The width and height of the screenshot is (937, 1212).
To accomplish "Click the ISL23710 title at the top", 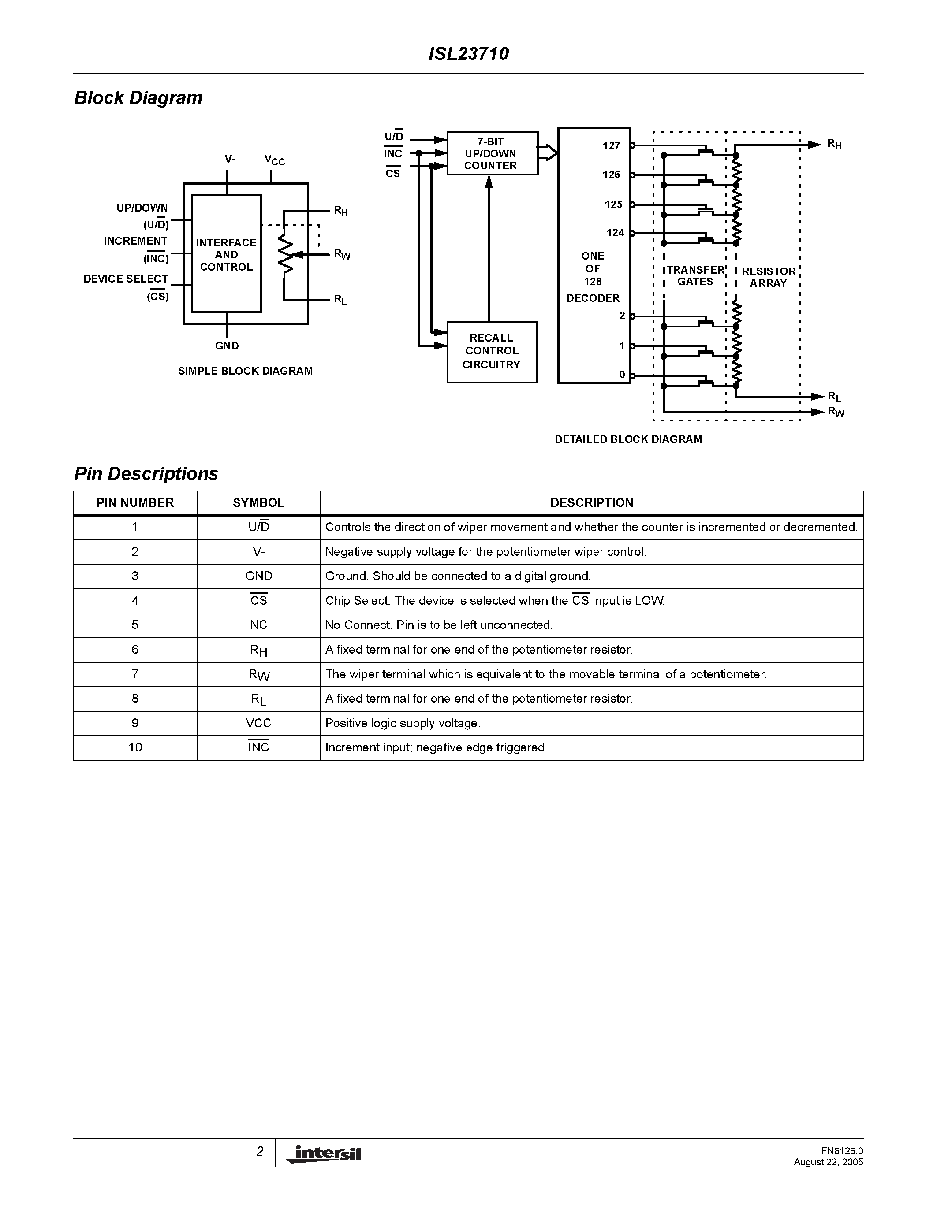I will tap(468, 54).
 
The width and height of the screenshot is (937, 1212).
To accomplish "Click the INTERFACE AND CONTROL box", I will tap(226, 254).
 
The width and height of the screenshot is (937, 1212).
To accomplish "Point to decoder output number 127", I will tap(611, 146).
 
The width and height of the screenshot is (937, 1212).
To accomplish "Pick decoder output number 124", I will tap(615, 233).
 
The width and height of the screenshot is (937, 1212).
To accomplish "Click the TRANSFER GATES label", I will tap(695, 276).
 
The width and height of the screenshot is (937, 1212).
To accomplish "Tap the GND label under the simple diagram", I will tap(227, 346).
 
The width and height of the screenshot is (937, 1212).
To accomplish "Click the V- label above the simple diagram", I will tap(230, 159).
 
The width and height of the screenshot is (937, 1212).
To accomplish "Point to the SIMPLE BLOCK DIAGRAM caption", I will tap(245, 371).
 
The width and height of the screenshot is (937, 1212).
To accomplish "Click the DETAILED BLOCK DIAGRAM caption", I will tap(628, 439).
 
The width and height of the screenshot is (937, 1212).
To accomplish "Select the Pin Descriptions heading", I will tap(146, 473).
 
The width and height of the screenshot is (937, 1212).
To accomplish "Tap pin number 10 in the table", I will tap(135, 747).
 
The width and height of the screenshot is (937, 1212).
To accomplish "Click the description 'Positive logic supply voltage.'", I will tap(403, 723).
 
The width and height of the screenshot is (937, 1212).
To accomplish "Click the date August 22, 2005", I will tap(828, 1162).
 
